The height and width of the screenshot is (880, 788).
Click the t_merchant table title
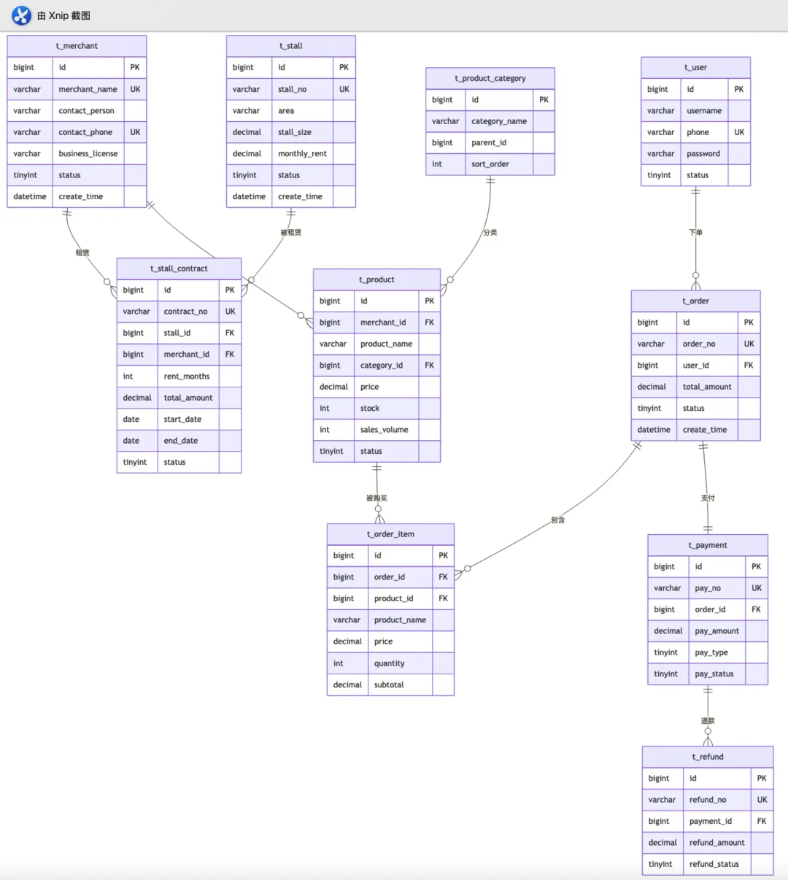(x=77, y=46)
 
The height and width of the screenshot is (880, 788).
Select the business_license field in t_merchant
(x=88, y=154)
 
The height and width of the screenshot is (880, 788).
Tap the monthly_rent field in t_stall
(x=302, y=154)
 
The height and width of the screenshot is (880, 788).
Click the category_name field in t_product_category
(x=499, y=121)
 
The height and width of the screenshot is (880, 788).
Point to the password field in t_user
(x=703, y=154)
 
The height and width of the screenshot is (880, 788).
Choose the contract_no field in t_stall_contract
(x=185, y=312)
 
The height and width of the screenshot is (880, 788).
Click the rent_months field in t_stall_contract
(x=187, y=377)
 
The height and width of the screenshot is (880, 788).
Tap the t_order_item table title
(x=390, y=534)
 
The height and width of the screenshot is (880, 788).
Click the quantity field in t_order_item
(x=389, y=663)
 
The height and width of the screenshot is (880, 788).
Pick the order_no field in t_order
(x=699, y=344)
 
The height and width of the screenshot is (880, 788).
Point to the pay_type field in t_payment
(x=711, y=652)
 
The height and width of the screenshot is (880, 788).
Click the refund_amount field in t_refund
(x=717, y=843)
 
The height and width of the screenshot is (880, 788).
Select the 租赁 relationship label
(x=82, y=252)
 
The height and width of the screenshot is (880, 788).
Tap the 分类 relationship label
(x=490, y=233)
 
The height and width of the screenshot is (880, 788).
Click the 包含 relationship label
(x=558, y=520)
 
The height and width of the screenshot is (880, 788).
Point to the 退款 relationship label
(x=708, y=721)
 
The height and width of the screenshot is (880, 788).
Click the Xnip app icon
(x=22, y=15)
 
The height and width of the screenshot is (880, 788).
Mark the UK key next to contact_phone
(x=135, y=132)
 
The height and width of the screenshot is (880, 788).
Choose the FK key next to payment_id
(x=762, y=821)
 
